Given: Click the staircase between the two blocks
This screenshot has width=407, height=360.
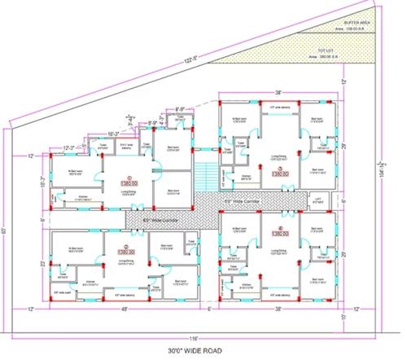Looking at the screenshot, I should click(x=207, y=174).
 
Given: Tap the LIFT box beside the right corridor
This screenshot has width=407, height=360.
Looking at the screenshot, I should click(x=317, y=196).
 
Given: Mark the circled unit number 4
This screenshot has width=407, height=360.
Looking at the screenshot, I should click(x=278, y=228).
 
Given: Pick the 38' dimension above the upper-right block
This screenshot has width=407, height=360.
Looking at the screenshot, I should click(x=277, y=92).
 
